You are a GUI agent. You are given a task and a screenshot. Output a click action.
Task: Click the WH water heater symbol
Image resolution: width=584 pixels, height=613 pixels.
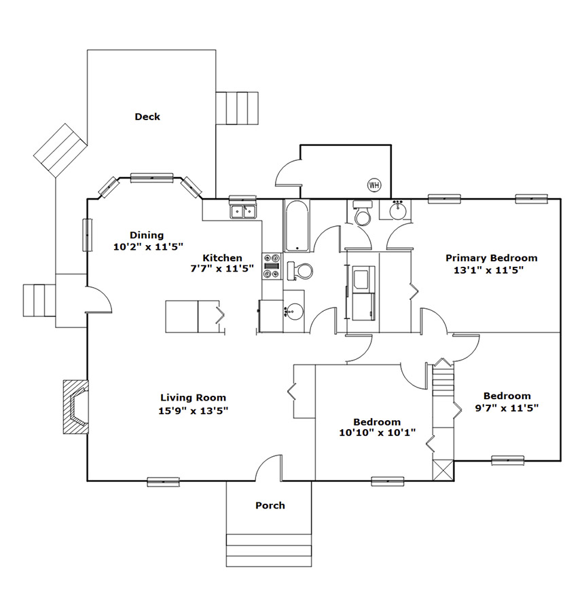coord(374,185)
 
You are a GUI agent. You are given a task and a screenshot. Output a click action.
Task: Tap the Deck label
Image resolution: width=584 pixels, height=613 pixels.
coord(147,117)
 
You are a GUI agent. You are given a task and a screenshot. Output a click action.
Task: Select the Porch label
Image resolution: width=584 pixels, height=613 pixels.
coord(270,505)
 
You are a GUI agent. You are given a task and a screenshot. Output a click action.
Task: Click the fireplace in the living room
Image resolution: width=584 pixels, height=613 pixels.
coord(76,407)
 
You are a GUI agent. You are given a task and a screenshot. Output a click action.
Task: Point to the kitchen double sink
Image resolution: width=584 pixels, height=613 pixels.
coord(243,212)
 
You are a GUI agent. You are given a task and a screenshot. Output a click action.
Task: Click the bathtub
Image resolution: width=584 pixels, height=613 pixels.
coord(297,225)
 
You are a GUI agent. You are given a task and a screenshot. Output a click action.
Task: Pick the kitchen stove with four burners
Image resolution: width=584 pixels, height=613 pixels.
coord(272,266)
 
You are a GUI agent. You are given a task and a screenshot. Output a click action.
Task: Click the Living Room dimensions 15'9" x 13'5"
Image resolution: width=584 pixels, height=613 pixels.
coord(194,411)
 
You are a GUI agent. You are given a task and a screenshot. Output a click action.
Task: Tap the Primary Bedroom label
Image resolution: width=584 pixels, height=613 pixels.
coord(491,258)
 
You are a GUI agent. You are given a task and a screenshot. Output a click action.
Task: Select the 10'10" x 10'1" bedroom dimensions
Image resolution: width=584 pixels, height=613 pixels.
coord(377,432)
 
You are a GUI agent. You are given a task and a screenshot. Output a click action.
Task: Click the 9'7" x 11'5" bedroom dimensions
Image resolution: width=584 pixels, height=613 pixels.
coord(507,408)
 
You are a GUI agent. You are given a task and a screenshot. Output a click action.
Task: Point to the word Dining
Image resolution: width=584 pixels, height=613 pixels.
coord(147,235)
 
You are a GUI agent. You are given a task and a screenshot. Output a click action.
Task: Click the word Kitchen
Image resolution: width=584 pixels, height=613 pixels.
coord(222,258)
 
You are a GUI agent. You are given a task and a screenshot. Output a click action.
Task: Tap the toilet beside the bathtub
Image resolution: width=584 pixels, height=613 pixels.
coord(300,271)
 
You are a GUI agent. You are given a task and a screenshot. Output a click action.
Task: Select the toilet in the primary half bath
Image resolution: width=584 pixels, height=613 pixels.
coord(363,213)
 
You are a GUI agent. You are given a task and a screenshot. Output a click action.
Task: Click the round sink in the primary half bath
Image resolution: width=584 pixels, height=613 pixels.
coord(398,210)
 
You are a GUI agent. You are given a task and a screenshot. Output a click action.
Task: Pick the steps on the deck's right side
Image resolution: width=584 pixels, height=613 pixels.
coord(237,109)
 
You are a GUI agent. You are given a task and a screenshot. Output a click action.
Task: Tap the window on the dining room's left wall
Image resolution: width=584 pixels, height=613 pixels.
coord(87,235)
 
